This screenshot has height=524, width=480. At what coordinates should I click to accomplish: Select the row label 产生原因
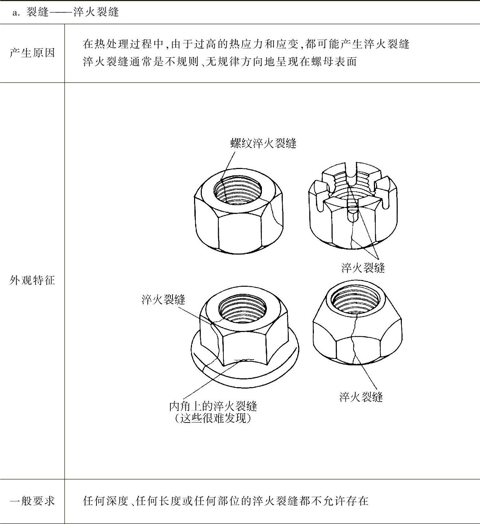[32, 53]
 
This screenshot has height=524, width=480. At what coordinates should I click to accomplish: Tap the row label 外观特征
[32, 280]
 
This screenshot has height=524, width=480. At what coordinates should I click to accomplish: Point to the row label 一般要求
[32, 501]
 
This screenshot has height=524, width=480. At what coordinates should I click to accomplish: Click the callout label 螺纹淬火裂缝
[263, 143]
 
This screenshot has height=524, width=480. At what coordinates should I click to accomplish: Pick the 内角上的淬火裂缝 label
[213, 406]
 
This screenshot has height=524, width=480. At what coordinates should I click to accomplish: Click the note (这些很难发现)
[213, 418]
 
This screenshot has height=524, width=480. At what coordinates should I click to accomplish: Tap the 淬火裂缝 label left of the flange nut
[163, 299]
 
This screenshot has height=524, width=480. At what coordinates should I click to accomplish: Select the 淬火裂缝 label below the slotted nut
[363, 268]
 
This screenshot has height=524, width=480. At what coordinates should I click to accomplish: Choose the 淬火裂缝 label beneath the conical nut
[361, 397]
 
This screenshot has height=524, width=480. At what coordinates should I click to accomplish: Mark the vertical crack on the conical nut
[353, 339]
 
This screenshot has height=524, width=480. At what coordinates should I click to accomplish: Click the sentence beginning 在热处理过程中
[246, 44]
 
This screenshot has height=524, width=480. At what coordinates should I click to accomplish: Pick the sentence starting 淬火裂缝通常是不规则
[220, 62]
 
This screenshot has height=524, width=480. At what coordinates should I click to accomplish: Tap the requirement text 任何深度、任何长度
[226, 501]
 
